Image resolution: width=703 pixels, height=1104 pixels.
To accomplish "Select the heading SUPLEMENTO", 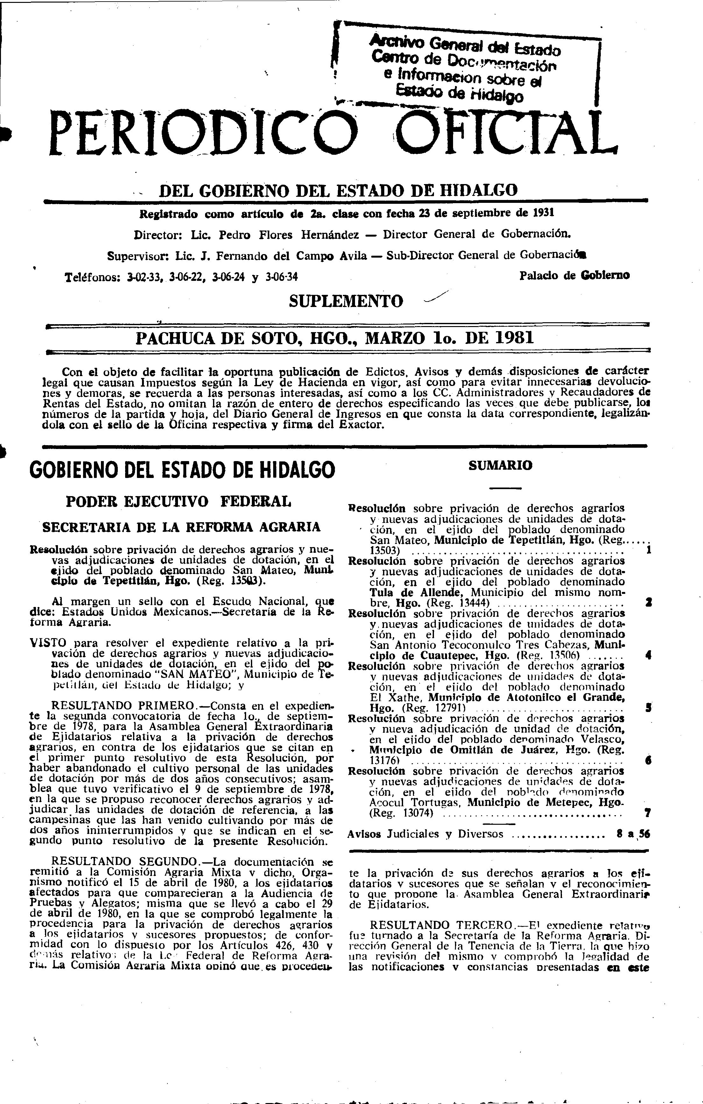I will click(x=346, y=301).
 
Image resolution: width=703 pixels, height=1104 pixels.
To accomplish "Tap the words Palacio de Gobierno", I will click(x=574, y=275).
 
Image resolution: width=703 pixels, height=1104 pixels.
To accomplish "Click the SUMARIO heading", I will click(x=501, y=465).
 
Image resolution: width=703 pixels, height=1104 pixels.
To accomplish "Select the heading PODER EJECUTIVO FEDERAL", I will click(x=179, y=501).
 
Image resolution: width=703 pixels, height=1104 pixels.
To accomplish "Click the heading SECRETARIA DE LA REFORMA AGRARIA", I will click(x=181, y=527).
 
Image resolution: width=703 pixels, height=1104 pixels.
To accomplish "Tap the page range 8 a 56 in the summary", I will click(x=633, y=834).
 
